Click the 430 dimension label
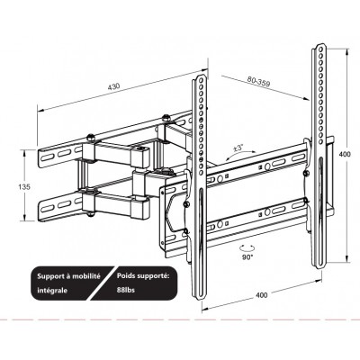click(x=114, y=86)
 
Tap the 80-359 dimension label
click(x=258, y=81)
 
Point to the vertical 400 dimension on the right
click(x=344, y=155)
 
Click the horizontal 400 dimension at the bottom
click(x=261, y=295)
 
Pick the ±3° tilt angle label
click(x=238, y=148)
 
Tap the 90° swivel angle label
click(x=247, y=256)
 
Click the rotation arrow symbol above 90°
click(x=247, y=247)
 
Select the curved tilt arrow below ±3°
click(x=238, y=156)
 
